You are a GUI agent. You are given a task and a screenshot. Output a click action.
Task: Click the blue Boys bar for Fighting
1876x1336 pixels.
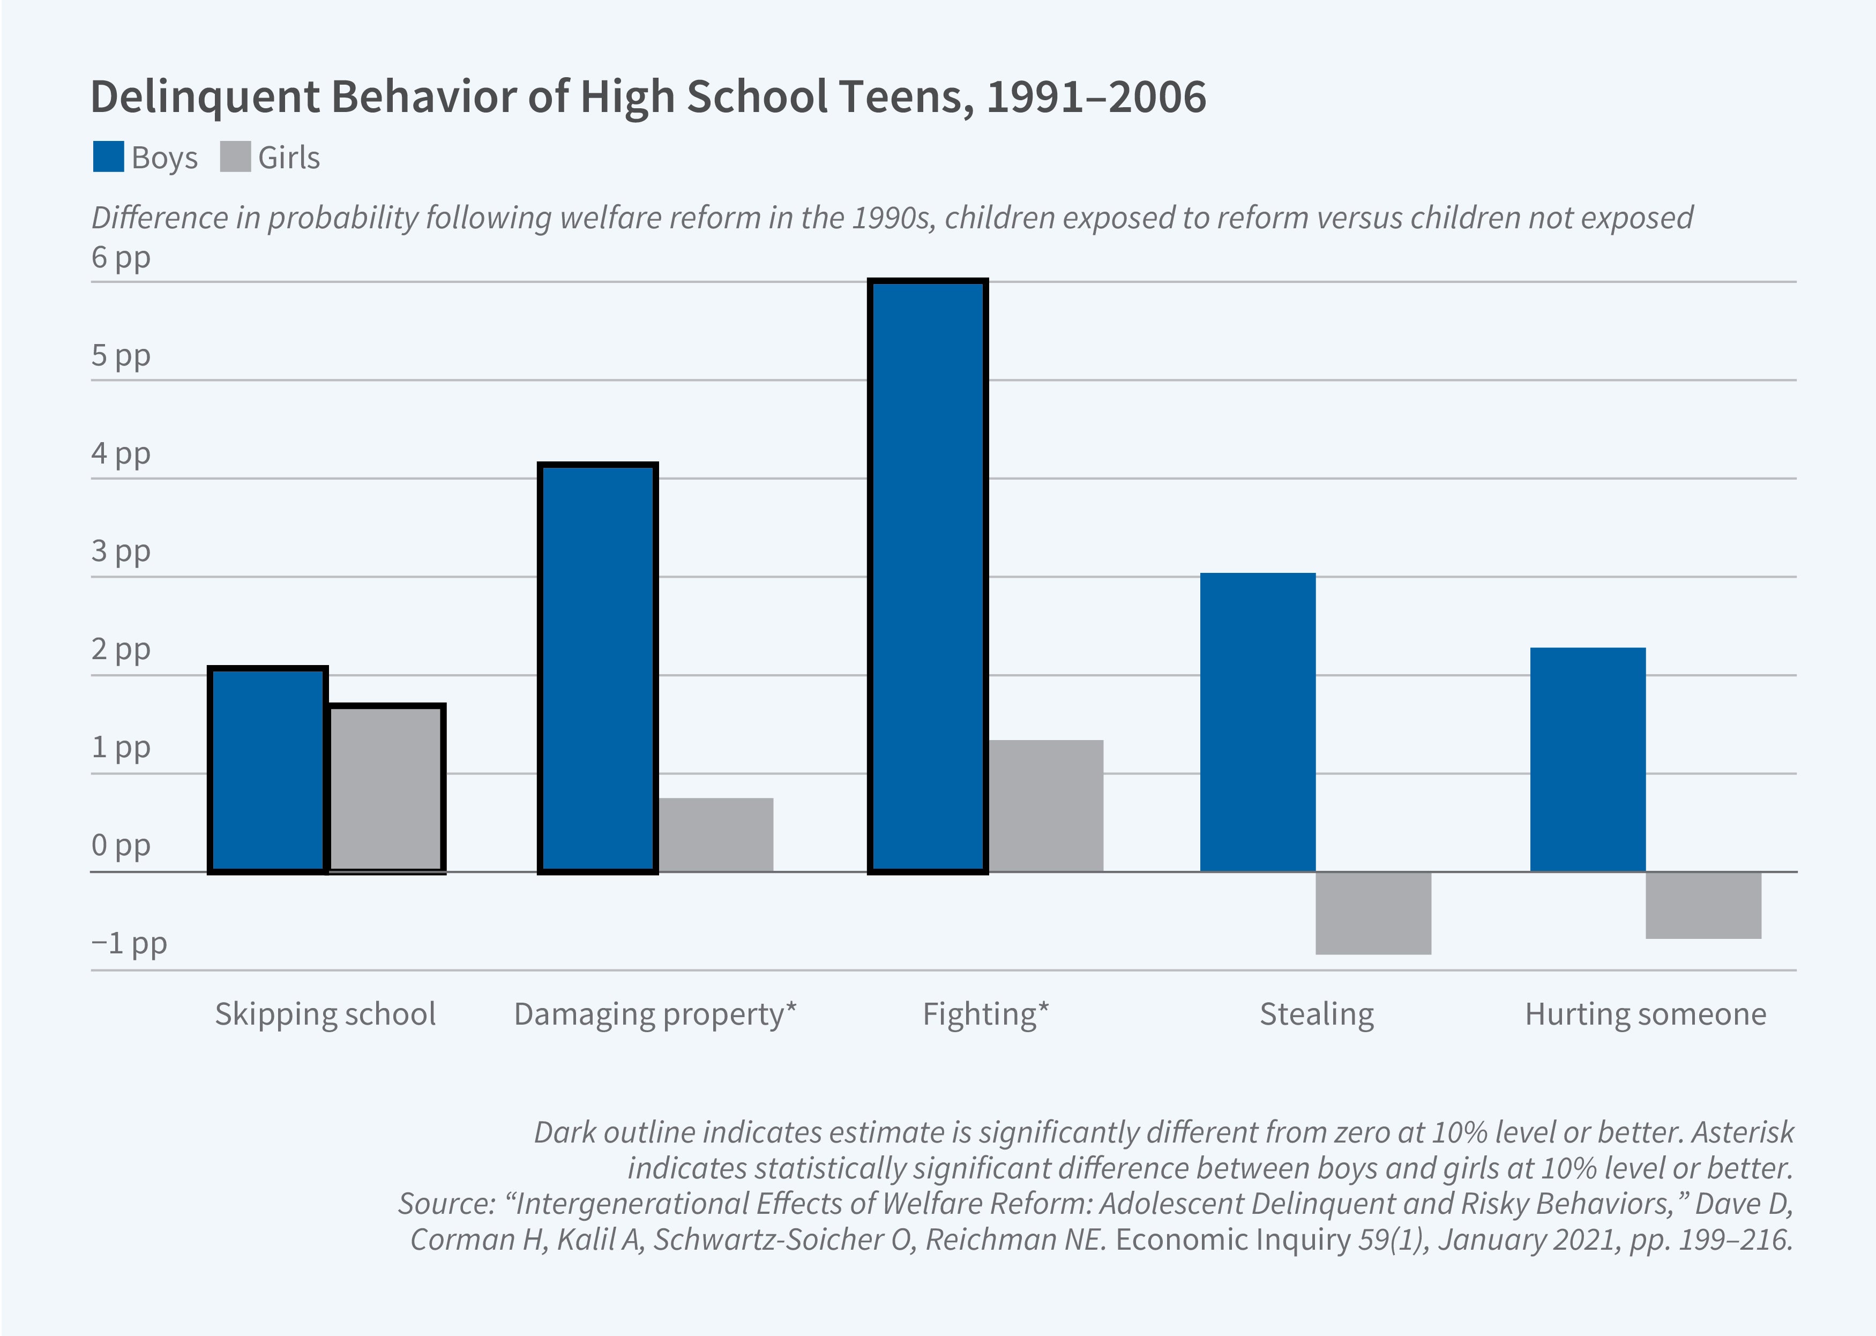pyautogui.click(x=927, y=576)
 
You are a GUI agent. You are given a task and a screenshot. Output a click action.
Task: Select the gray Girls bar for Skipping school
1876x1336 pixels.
pyautogui.click(x=386, y=788)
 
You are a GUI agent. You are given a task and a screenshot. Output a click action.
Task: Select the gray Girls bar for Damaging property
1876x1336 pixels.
pyautogui.click(x=715, y=834)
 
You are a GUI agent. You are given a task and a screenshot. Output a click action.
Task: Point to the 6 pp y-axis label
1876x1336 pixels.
pyautogui.click(x=121, y=257)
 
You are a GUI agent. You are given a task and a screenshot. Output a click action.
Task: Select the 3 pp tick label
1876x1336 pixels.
pyautogui.click(x=121, y=551)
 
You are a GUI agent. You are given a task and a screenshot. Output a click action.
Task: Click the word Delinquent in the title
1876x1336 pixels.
pyautogui.click(x=205, y=96)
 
